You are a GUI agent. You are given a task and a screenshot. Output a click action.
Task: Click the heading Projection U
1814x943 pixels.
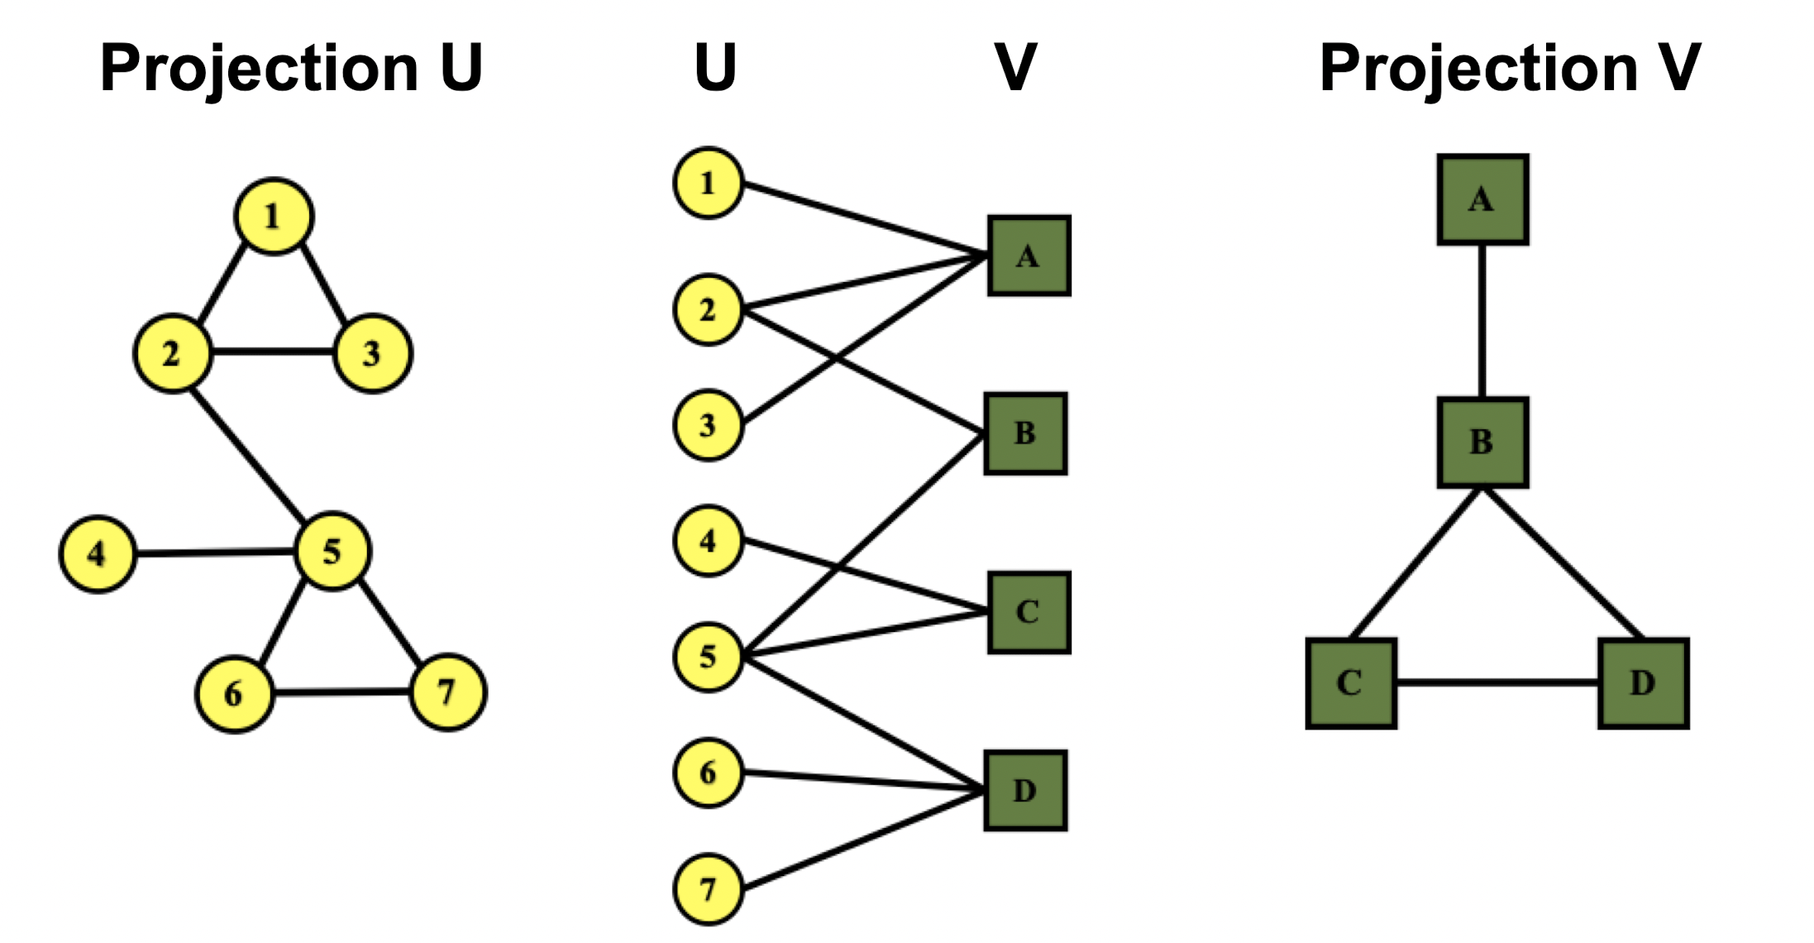291,69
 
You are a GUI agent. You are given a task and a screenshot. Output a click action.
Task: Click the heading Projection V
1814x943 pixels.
1510,69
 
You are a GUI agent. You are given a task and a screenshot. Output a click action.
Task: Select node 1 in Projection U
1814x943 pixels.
274,216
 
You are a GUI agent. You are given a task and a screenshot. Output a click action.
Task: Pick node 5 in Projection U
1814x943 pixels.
332,551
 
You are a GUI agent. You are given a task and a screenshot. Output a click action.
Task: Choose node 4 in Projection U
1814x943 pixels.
98,553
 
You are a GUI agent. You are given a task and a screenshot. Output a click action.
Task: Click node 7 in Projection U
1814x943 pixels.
447,692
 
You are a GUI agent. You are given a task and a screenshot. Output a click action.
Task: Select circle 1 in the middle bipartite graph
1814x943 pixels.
708,183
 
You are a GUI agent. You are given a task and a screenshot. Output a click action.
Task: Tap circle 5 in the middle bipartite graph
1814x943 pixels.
708,657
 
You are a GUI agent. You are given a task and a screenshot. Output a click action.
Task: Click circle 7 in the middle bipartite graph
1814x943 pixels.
708,889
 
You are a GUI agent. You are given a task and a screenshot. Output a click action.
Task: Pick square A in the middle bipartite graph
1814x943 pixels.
1029,256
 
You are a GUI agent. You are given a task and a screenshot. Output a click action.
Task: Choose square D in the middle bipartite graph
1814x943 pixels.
1025,791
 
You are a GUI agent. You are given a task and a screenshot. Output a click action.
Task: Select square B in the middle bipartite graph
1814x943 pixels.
1025,433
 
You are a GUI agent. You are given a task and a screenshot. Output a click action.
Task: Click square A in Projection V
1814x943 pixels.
1482,199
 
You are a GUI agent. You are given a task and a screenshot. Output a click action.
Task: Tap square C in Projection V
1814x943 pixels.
1351,683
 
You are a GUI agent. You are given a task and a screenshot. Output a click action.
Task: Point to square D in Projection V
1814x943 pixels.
1643,683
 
